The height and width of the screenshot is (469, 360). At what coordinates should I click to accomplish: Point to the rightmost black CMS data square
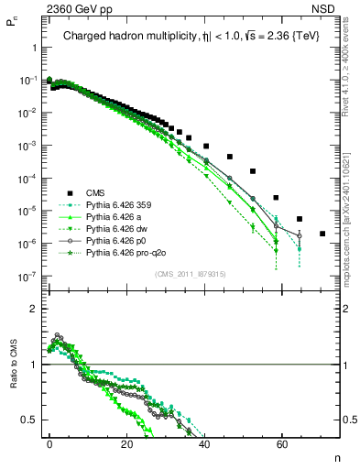pos(322,234)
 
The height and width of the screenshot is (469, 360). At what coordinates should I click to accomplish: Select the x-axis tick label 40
pos(204,441)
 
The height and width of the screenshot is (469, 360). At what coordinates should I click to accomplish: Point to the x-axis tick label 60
pos(281,441)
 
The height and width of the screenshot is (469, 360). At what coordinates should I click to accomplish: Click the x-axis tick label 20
pos(127,441)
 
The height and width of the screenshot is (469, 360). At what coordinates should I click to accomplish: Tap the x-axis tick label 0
pos(49,441)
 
